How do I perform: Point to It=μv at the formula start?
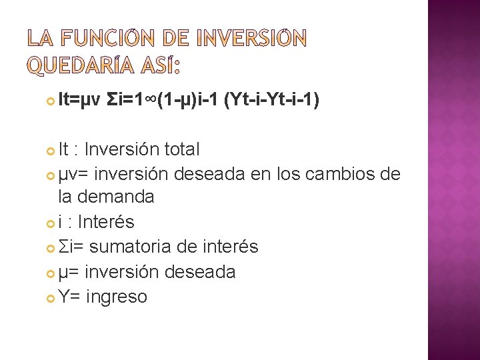[x=79, y=101]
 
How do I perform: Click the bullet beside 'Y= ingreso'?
[x=50, y=297]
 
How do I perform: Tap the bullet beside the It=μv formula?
[x=50, y=102]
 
